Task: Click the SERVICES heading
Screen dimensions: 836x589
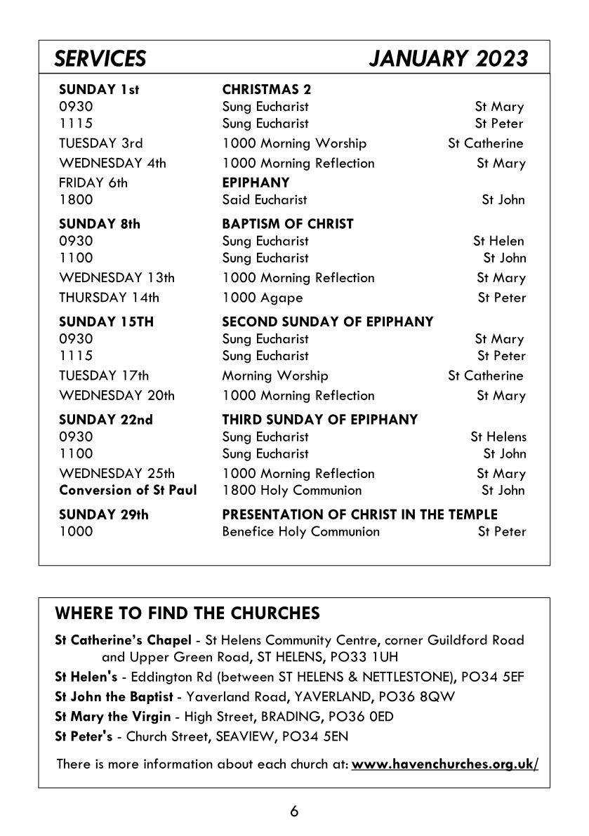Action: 100,59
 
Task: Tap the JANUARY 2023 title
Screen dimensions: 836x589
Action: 448,59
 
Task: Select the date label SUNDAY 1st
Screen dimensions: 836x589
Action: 99,90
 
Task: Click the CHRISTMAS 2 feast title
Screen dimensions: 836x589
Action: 267,90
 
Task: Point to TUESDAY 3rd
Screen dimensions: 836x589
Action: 101,143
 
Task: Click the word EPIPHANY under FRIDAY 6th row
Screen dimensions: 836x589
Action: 256,183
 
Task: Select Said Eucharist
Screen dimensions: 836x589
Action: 265,200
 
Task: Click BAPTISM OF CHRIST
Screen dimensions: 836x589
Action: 288,224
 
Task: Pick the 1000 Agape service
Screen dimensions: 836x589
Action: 263,298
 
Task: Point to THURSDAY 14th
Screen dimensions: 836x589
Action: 109,298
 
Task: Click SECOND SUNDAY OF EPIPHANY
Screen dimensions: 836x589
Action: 327,322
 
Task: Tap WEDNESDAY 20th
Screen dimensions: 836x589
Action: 117,395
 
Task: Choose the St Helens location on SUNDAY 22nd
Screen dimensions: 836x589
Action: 498,437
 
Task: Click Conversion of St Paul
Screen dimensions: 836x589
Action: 128,490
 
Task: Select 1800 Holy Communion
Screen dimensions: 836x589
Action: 292,490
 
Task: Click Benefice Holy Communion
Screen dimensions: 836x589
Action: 300,531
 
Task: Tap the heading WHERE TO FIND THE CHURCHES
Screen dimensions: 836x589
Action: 187,613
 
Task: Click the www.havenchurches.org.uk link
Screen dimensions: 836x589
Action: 445,763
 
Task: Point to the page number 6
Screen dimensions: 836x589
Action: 294,811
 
